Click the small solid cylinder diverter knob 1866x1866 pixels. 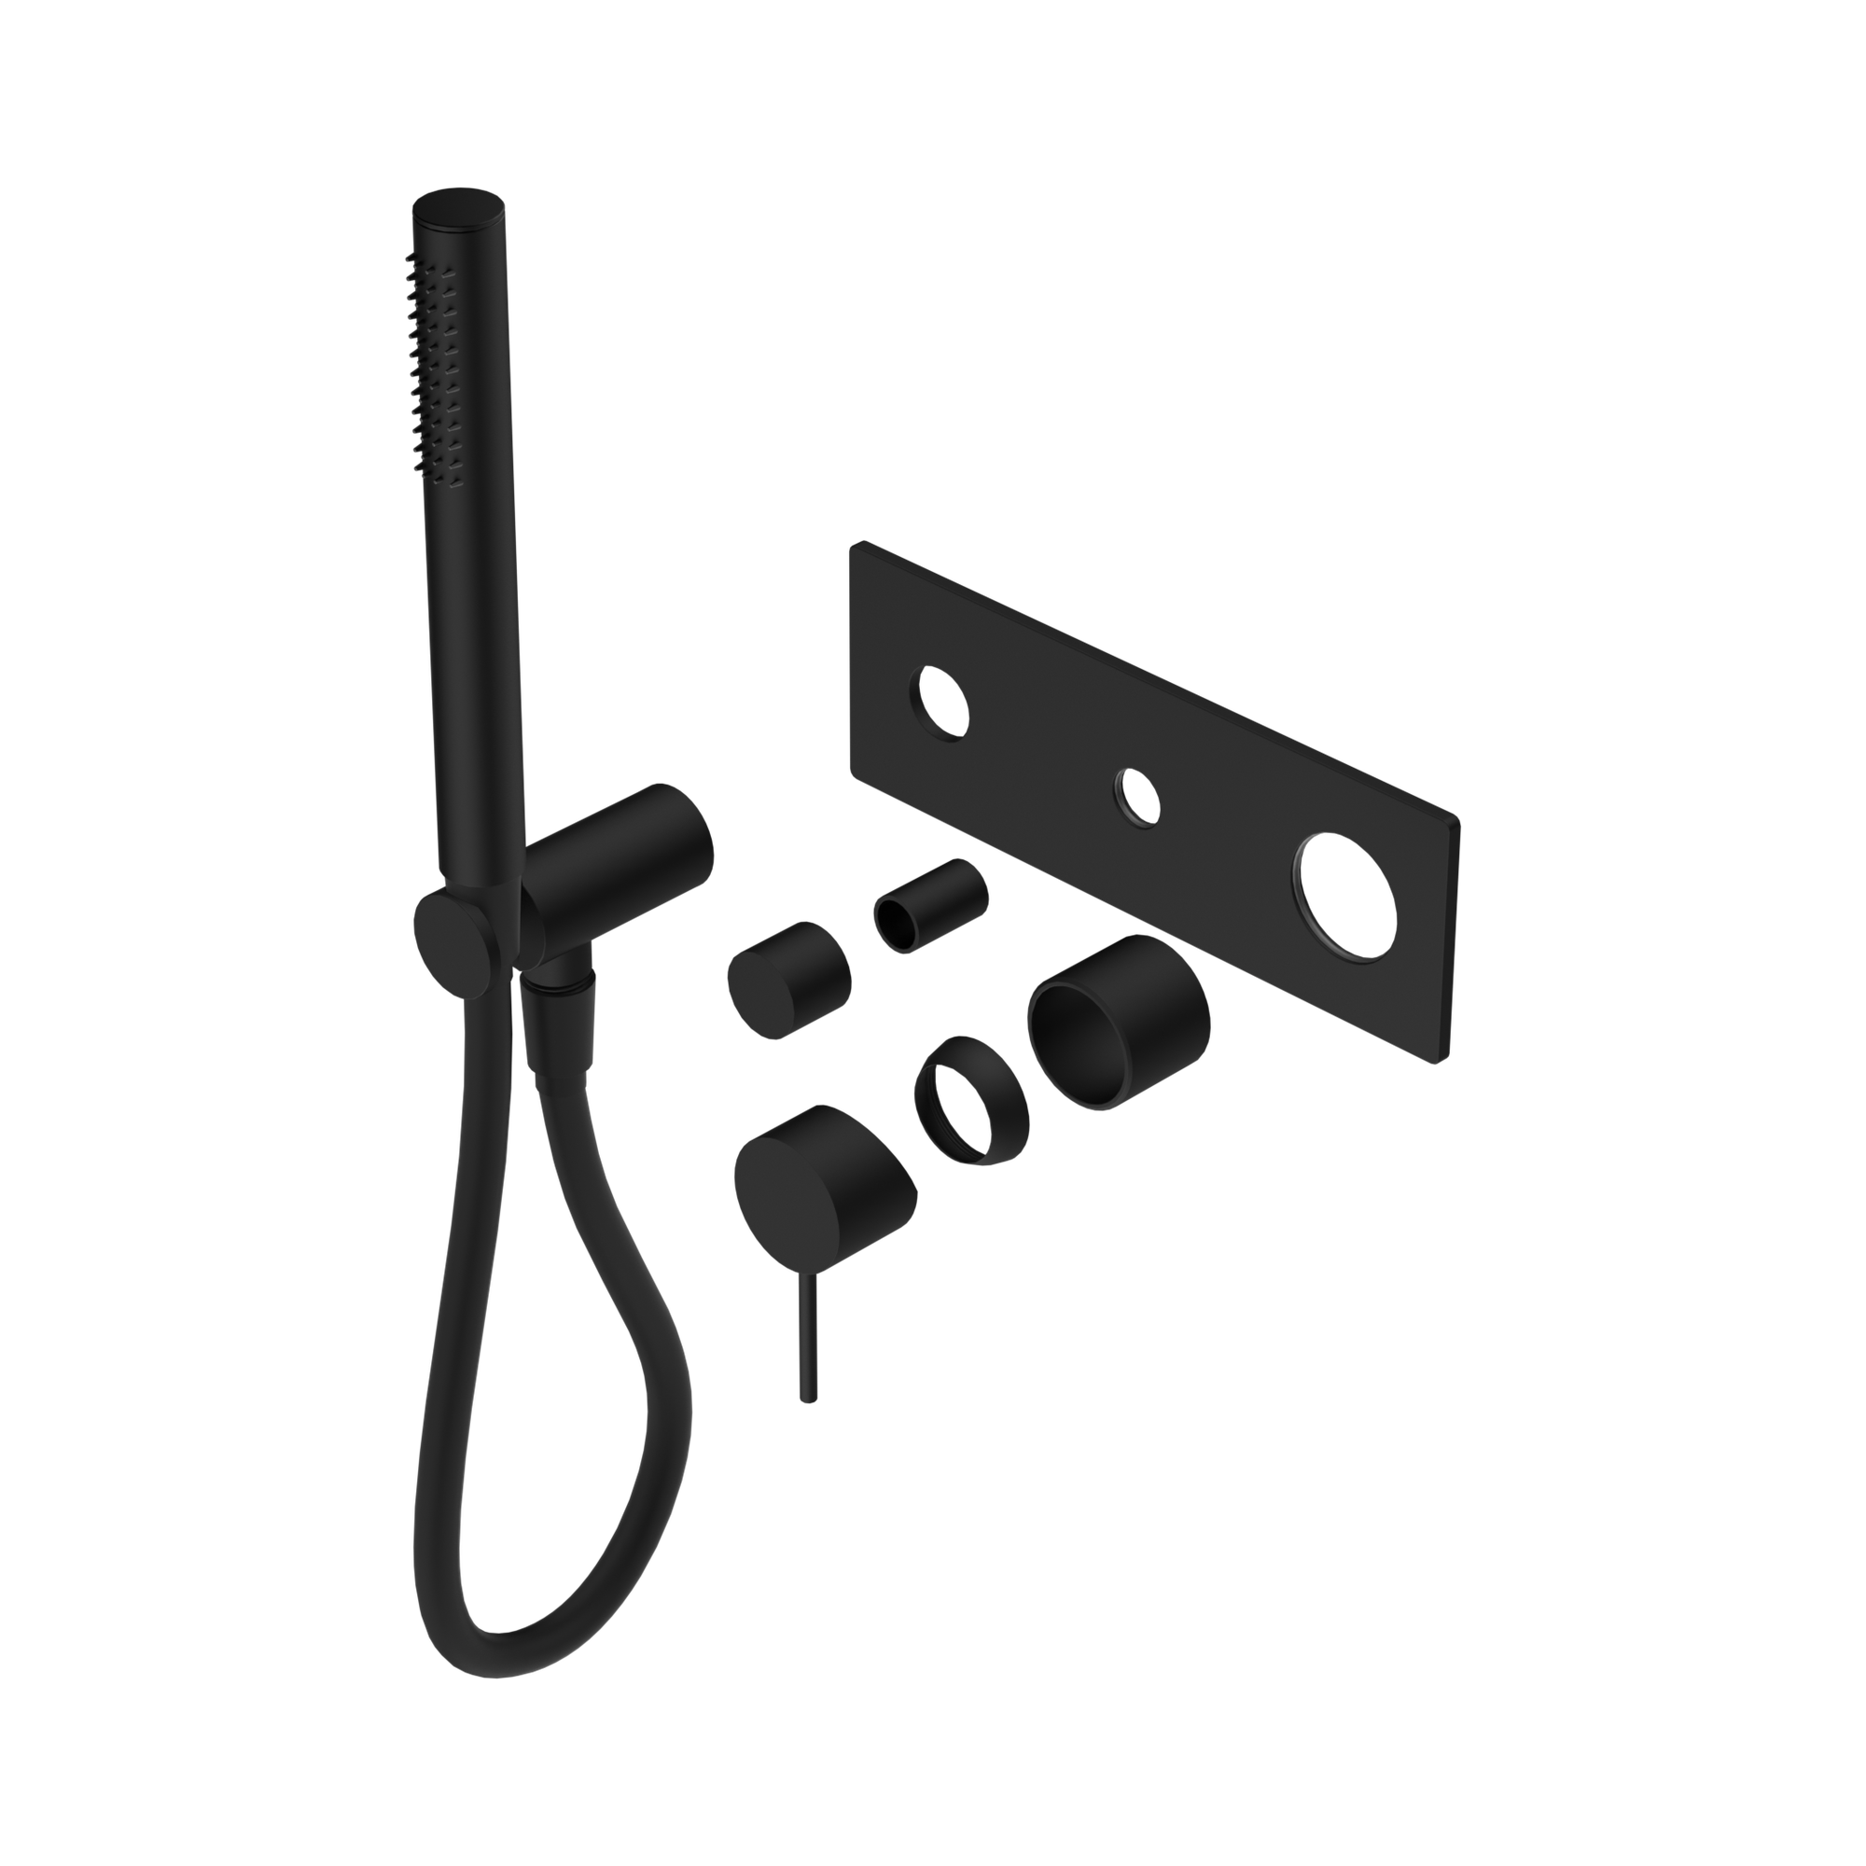coord(787,978)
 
